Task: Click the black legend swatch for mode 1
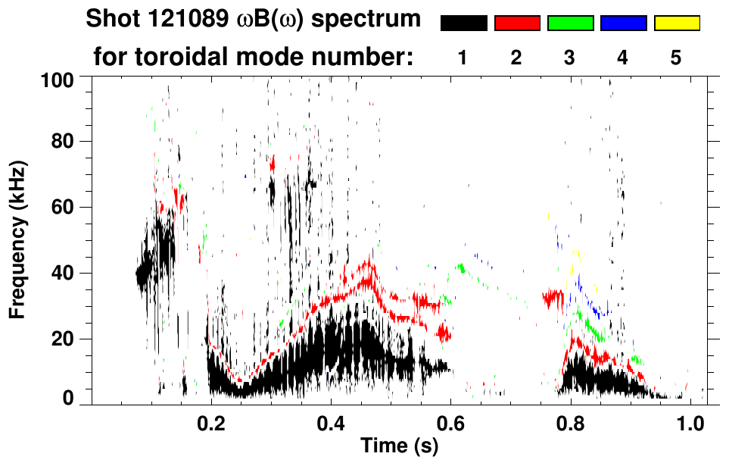click(x=464, y=23)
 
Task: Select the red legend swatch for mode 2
click(x=517, y=23)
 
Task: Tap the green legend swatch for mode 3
click(x=570, y=23)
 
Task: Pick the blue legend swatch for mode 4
click(x=623, y=23)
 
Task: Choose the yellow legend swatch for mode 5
click(x=676, y=23)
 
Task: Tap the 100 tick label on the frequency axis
click(x=57, y=78)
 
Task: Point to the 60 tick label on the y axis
click(x=62, y=208)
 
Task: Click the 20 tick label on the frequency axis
click(x=62, y=339)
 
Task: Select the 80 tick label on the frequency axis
click(x=62, y=142)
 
